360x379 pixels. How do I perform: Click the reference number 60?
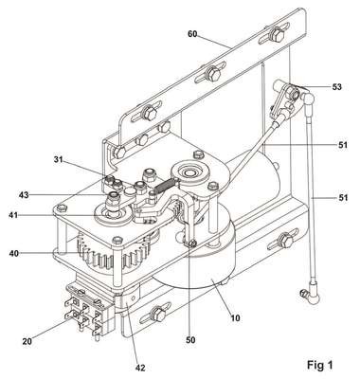(192, 34)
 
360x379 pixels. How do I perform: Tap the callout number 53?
(337, 86)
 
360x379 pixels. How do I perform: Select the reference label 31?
(59, 160)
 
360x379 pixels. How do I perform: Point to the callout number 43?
(24, 195)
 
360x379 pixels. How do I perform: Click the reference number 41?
(13, 216)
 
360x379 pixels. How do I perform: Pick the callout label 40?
(14, 253)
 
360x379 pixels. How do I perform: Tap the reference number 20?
(27, 341)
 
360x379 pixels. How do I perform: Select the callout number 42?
(140, 368)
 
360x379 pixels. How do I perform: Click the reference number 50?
(190, 340)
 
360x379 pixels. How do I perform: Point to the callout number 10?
(235, 317)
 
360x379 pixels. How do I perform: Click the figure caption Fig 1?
(320, 366)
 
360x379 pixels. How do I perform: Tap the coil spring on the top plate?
(164, 185)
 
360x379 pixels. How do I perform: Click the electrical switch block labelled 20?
(87, 311)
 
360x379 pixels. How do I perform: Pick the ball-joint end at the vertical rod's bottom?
(311, 296)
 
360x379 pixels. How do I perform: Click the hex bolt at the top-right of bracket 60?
(278, 34)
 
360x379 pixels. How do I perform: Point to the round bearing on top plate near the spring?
(190, 172)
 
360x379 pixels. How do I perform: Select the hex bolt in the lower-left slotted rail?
(157, 315)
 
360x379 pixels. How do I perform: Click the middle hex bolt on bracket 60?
(214, 75)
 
